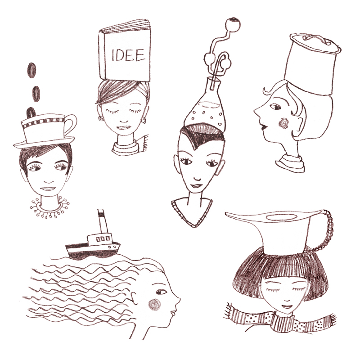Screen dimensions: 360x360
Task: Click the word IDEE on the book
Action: (x=128, y=55)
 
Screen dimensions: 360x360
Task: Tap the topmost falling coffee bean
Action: (x=31, y=70)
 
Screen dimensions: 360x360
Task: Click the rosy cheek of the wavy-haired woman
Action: (x=154, y=305)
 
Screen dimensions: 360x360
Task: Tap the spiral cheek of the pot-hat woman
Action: (x=283, y=123)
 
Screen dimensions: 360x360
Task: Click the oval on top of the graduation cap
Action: (x=281, y=217)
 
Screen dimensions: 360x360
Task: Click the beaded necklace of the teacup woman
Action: (x=49, y=208)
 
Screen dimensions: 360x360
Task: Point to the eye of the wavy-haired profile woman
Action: (x=161, y=292)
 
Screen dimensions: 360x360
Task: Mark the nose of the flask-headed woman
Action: (x=197, y=178)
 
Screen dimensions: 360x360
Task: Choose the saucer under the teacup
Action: (x=44, y=142)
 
